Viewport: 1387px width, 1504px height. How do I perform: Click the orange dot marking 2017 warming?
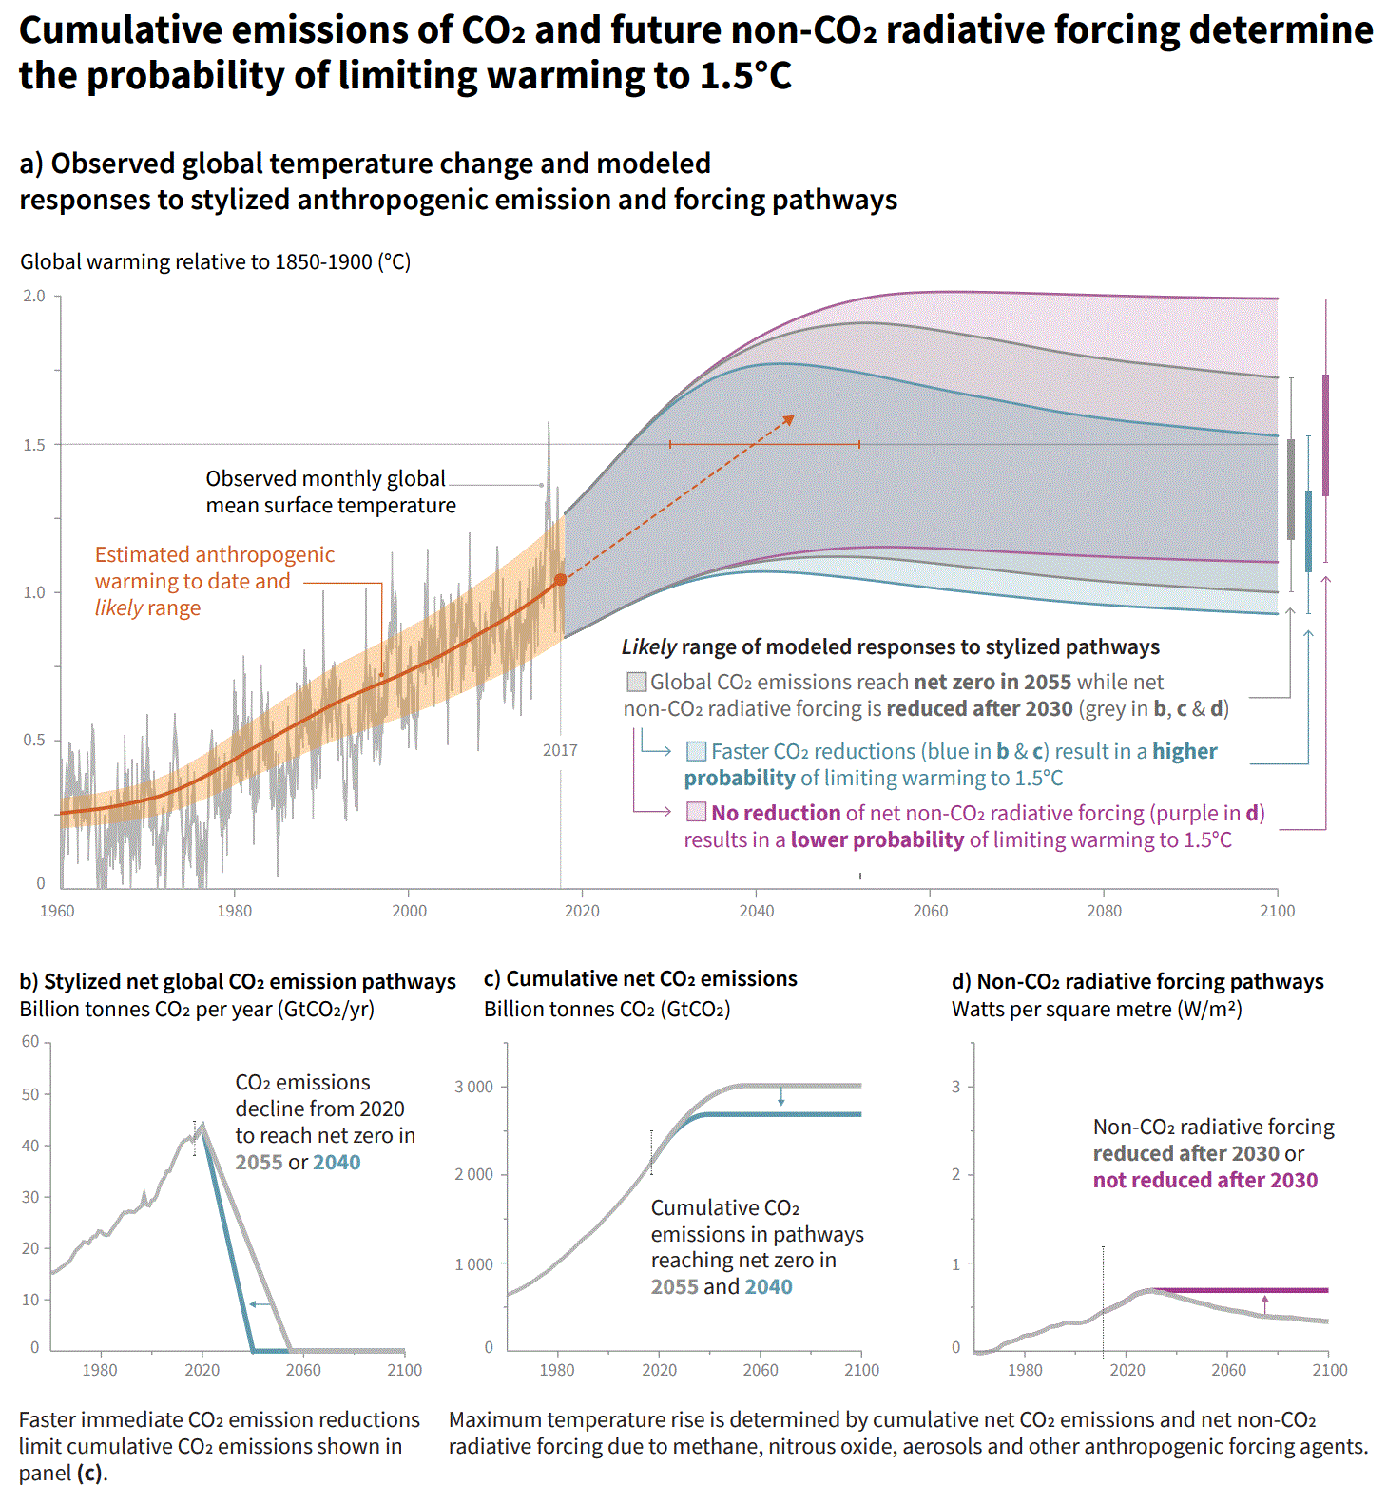coord(560,579)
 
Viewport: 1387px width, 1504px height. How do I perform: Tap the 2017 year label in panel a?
coord(560,750)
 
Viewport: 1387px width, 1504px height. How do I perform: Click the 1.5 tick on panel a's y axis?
coord(34,445)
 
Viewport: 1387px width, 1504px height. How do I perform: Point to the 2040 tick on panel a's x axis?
coord(757,910)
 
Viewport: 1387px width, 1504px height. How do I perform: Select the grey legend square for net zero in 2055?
coord(636,682)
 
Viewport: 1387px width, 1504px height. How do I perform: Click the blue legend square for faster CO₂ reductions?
coord(697,751)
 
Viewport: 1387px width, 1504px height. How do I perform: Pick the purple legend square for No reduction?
coord(697,813)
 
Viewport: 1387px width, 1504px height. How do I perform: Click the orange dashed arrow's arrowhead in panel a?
coord(788,418)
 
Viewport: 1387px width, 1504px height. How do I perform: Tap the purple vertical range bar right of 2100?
coord(1325,434)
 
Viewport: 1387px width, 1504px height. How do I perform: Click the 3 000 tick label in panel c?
coord(473,1087)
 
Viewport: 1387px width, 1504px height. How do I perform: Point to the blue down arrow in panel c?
coord(781,1097)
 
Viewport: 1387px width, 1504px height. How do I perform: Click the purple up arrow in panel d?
coord(1264,1302)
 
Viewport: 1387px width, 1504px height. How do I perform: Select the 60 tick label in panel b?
coord(30,1041)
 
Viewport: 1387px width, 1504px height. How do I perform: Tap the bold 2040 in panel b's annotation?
coord(337,1162)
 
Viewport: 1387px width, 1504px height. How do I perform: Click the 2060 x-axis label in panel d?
coord(1228,1370)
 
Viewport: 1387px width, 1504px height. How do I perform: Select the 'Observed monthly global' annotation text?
coord(325,478)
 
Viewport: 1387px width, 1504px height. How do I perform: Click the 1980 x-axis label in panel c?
coord(557,1370)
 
